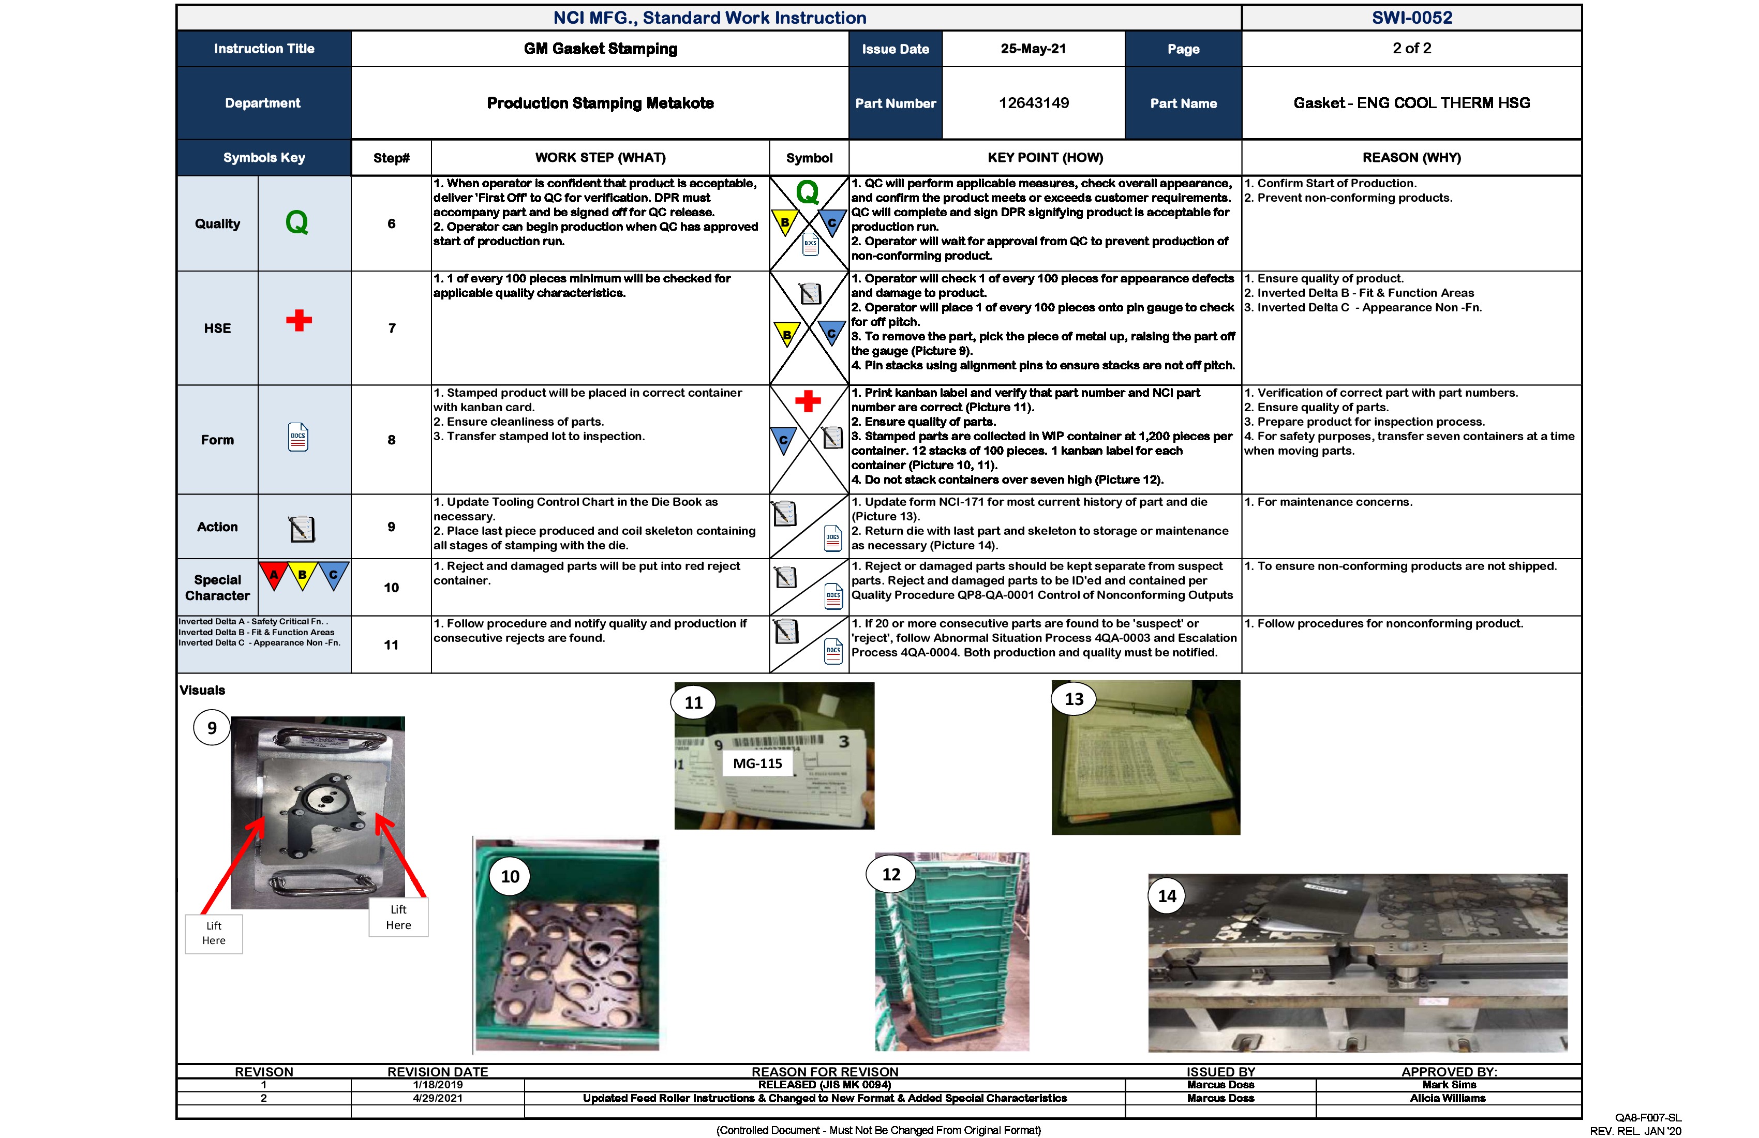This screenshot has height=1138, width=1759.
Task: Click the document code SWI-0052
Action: pos(1412,18)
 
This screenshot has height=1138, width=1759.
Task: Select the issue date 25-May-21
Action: pos(1033,49)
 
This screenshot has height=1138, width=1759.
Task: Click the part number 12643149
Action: pos(1033,103)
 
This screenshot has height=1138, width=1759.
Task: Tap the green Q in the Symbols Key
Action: pos(296,222)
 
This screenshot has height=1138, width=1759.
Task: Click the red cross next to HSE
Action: pos(299,320)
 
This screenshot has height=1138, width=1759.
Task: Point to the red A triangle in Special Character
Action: pos(274,575)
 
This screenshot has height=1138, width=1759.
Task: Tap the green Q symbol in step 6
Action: pos(807,193)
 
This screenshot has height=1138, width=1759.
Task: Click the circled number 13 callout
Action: pos(1074,699)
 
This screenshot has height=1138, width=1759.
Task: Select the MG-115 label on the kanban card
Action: pos(757,763)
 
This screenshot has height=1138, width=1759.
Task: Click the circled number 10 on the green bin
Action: pos(510,876)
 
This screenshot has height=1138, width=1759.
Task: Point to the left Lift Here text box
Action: pos(214,933)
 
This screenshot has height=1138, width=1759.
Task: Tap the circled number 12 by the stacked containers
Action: pos(891,874)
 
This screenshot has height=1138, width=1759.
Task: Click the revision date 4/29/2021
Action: pos(438,1098)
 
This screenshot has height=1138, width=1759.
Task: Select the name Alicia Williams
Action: pos(1447,1098)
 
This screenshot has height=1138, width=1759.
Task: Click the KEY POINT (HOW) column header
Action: pos(1045,157)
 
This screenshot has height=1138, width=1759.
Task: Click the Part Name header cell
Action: pos(1183,103)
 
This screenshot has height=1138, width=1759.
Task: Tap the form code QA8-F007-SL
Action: pos(1647,1117)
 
